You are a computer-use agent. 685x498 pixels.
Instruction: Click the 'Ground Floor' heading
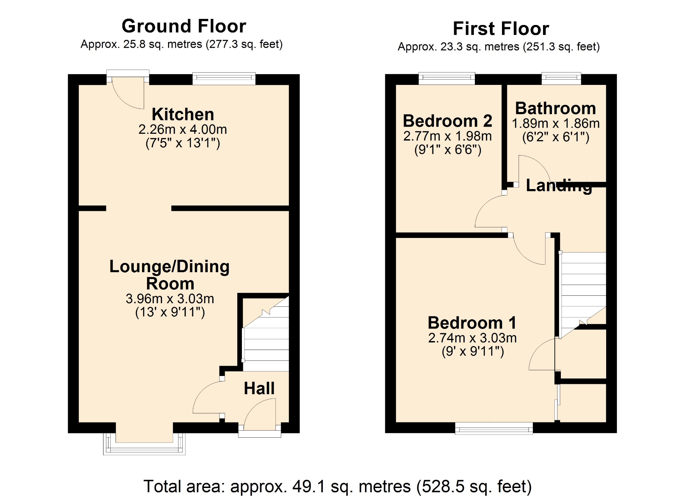pos(184,26)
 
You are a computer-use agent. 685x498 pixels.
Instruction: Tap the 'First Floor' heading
pos(501,29)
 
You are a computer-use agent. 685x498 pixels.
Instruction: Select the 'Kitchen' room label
pos(183,114)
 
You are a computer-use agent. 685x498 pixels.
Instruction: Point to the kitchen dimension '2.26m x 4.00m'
pos(183,129)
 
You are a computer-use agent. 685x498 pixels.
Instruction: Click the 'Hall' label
pos(259,388)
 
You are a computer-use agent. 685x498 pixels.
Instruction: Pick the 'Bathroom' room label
pos(555,108)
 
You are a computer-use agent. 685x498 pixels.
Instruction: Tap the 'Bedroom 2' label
pos(447,121)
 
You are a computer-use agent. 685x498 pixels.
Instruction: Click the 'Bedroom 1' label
pos(472,323)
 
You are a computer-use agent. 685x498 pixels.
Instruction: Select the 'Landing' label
pos(559,186)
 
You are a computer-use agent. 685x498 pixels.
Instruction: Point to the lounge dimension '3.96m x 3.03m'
pos(170,299)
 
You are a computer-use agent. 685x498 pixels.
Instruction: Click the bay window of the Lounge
pos(144,443)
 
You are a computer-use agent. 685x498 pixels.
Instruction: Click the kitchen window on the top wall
pos(224,78)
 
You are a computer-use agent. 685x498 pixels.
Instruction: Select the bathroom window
pos(561,78)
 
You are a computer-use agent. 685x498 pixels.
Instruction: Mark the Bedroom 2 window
pos(447,78)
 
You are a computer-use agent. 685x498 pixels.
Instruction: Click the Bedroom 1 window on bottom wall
pos(494,428)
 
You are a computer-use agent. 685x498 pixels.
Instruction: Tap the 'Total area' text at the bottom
pos(338,486)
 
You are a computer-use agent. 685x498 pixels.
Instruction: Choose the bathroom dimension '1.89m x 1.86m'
pos(555,123)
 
